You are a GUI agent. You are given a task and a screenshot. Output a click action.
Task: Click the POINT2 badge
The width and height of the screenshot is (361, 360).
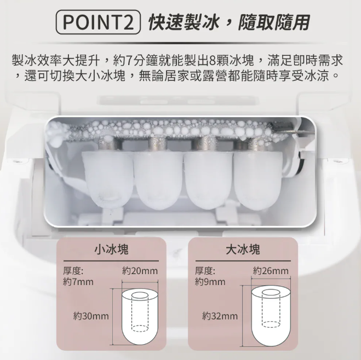[x=98, y=22]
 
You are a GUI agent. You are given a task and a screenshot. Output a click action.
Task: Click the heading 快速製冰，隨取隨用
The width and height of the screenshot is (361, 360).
[x=229, y=22]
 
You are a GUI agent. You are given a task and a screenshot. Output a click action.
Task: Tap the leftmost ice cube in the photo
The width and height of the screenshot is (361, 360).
[x=108, y=179]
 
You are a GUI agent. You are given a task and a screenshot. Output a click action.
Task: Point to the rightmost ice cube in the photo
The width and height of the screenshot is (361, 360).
[x=258, y=179]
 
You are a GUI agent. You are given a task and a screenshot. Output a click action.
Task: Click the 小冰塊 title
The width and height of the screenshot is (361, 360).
[x=111, y=249]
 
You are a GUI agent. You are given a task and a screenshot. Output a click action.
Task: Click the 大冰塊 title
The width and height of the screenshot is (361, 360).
[x=243, y=249]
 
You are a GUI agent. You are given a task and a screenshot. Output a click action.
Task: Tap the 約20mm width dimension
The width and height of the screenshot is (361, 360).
[x=140, y=271]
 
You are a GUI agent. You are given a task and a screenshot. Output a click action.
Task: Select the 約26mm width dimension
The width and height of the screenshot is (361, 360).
[x=271, y=271]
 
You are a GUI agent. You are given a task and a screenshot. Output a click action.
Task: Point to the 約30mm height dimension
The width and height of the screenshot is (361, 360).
[x=91, y=316]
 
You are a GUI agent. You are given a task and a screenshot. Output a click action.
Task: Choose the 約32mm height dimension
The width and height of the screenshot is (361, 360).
[x=220, y=316]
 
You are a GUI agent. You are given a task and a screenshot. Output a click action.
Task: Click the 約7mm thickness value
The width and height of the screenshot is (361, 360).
[x=78, y=282]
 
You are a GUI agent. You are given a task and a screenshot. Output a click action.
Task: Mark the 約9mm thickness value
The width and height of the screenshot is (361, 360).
[x=210, y=282]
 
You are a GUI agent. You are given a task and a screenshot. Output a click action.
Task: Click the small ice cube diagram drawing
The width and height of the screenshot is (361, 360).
[x=140, y=317]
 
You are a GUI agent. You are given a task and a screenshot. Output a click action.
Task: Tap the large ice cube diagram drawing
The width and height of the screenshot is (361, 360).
[x=271, y=316]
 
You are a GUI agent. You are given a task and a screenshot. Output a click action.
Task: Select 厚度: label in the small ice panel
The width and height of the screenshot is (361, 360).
[x=73, y=271]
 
